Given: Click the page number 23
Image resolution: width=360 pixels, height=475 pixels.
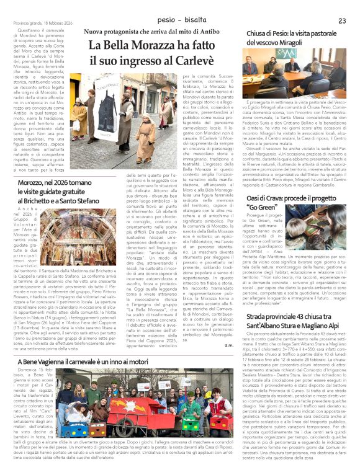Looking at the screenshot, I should [x=341, y=21].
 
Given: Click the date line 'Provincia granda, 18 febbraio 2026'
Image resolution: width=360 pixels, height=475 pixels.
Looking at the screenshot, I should [x=38, y=22].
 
